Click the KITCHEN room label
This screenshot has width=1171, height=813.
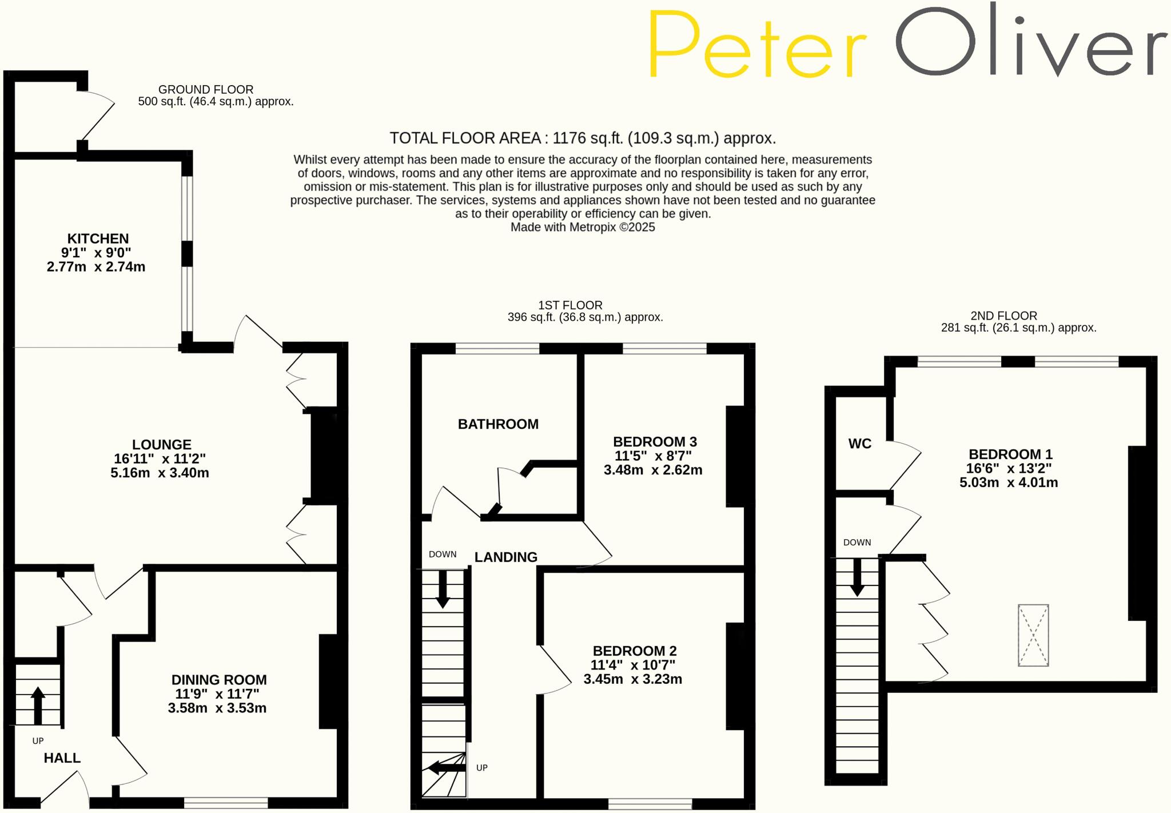98,238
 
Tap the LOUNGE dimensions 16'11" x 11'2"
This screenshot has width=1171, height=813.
160,459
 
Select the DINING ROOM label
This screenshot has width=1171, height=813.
219,680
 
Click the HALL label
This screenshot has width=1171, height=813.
62,758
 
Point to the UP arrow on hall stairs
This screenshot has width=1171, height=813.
38,705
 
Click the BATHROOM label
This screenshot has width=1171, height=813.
498,424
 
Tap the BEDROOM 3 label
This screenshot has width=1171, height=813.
655,442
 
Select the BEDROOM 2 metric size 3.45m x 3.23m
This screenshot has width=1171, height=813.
632,679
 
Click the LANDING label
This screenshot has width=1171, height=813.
506,557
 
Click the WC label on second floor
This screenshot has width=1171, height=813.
859,444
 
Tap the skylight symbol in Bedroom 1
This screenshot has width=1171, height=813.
1033,635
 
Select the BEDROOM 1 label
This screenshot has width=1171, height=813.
1010,455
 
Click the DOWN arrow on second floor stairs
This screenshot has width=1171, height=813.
857,577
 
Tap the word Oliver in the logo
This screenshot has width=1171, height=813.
1029,43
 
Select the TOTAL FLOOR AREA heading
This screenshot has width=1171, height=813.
582,138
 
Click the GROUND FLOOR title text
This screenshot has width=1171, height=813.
206,90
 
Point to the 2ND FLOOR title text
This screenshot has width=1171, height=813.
1003,316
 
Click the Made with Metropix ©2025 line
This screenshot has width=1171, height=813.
582,228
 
